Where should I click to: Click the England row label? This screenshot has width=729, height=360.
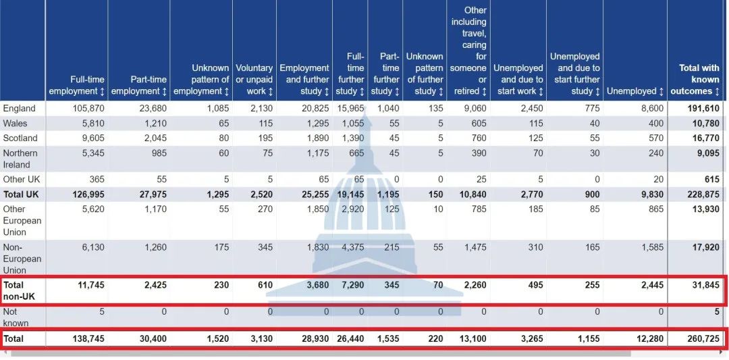19,108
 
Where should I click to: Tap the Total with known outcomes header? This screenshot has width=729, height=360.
699,79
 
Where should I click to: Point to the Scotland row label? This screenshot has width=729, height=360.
20,138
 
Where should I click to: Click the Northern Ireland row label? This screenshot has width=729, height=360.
20,159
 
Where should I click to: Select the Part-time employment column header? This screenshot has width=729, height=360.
138,85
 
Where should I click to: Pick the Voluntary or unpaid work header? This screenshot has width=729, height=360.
254,79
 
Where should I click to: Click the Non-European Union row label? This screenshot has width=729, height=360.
22,259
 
